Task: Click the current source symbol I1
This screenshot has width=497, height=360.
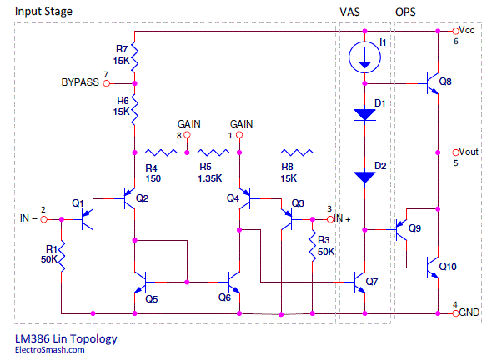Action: [364, 57]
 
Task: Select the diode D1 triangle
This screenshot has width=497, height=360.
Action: [364, 115]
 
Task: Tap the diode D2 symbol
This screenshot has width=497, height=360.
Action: [364, 177]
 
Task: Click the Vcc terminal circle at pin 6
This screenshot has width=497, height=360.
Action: [455, 31]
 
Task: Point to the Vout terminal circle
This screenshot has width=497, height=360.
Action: [455, 152]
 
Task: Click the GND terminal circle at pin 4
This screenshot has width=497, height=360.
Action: [455, 313]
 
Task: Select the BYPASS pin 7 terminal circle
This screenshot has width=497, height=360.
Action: [107, 83]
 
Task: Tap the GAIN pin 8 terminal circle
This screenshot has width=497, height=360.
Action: [187, 135]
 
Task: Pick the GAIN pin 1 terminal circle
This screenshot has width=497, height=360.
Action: [239, 135]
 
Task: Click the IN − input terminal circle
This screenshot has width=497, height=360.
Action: [43, 219]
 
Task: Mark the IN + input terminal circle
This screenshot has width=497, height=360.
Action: [330, 219]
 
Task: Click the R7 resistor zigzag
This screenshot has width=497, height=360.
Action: [135, 57]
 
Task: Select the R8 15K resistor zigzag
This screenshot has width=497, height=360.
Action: [297, 152]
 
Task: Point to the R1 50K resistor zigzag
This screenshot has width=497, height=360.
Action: [62, 256]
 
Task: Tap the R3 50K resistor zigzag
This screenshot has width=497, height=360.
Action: [313, 246]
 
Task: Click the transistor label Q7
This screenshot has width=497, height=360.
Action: [371, 282]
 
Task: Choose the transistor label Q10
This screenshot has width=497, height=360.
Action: [448, 267]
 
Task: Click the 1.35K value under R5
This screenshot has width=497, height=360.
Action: [210, 178]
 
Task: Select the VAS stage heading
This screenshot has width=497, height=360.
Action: [349, 12]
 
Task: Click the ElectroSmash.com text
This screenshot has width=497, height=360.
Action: [50, 350]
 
